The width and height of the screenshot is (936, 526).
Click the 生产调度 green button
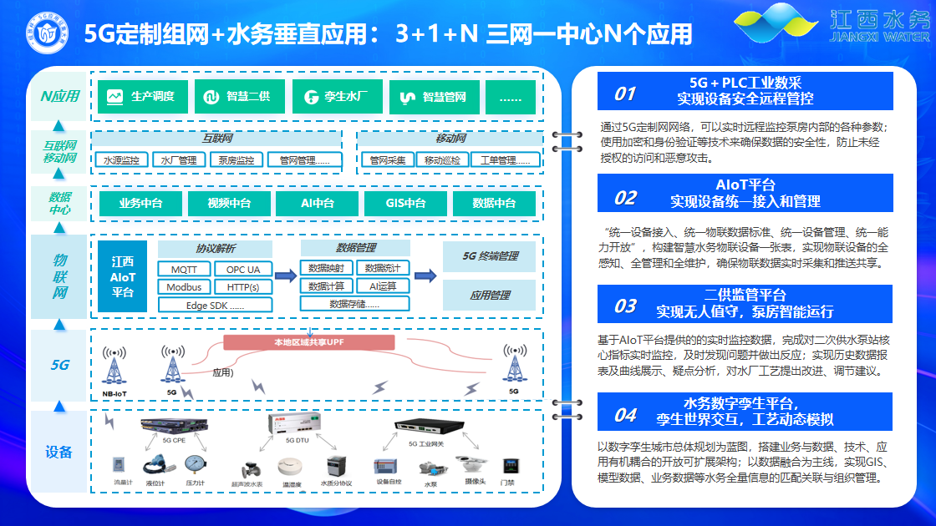(x=142, y=97)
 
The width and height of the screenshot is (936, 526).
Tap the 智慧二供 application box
(x=239, y=97)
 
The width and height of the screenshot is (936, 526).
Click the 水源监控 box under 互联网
(x=122, y=159)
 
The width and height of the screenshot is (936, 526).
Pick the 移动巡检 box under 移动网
(x=442, y=159)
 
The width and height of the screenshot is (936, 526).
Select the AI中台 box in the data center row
(x=318, y=203)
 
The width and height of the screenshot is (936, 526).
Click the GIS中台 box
(x=406, y=203)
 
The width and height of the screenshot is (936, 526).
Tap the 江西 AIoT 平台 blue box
(x=122, y=276)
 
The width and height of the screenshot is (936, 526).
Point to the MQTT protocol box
(x=184, y=270)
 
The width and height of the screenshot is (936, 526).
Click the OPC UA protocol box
(x=243, y=270)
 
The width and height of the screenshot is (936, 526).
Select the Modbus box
(x=184, y=287)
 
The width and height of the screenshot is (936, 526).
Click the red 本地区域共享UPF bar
(x=309, y=342)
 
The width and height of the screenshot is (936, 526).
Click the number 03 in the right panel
(x=625, y=306)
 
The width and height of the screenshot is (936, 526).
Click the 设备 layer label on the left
(x=59, y=453)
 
